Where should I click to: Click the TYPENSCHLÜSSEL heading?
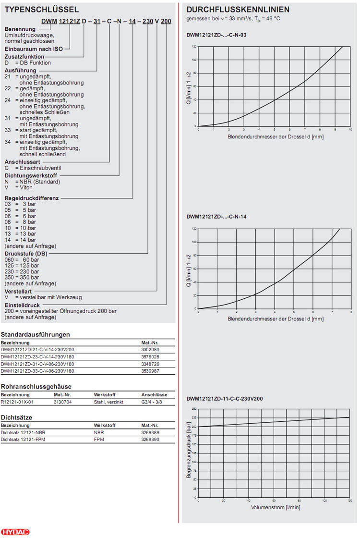[x=42, y=10]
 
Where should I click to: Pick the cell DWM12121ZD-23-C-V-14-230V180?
[x=37, y=357]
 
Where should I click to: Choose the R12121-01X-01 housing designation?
[x=17, y=402]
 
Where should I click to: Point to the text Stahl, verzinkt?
[x=108, y=402]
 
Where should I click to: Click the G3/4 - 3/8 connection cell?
[x=152, y=402]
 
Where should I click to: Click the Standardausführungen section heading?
[x=36, y=334]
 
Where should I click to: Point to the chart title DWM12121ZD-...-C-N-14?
[x=216, y=217]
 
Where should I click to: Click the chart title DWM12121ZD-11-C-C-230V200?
[x=224, y=399]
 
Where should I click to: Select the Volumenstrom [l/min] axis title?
[x=276, y=507]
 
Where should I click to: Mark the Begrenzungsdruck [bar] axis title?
[x=189, y=453]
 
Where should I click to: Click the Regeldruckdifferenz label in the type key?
[x=32, y=198]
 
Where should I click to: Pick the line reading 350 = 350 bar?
[x=22, y=277]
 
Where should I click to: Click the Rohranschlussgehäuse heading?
[x=36, y=386]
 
